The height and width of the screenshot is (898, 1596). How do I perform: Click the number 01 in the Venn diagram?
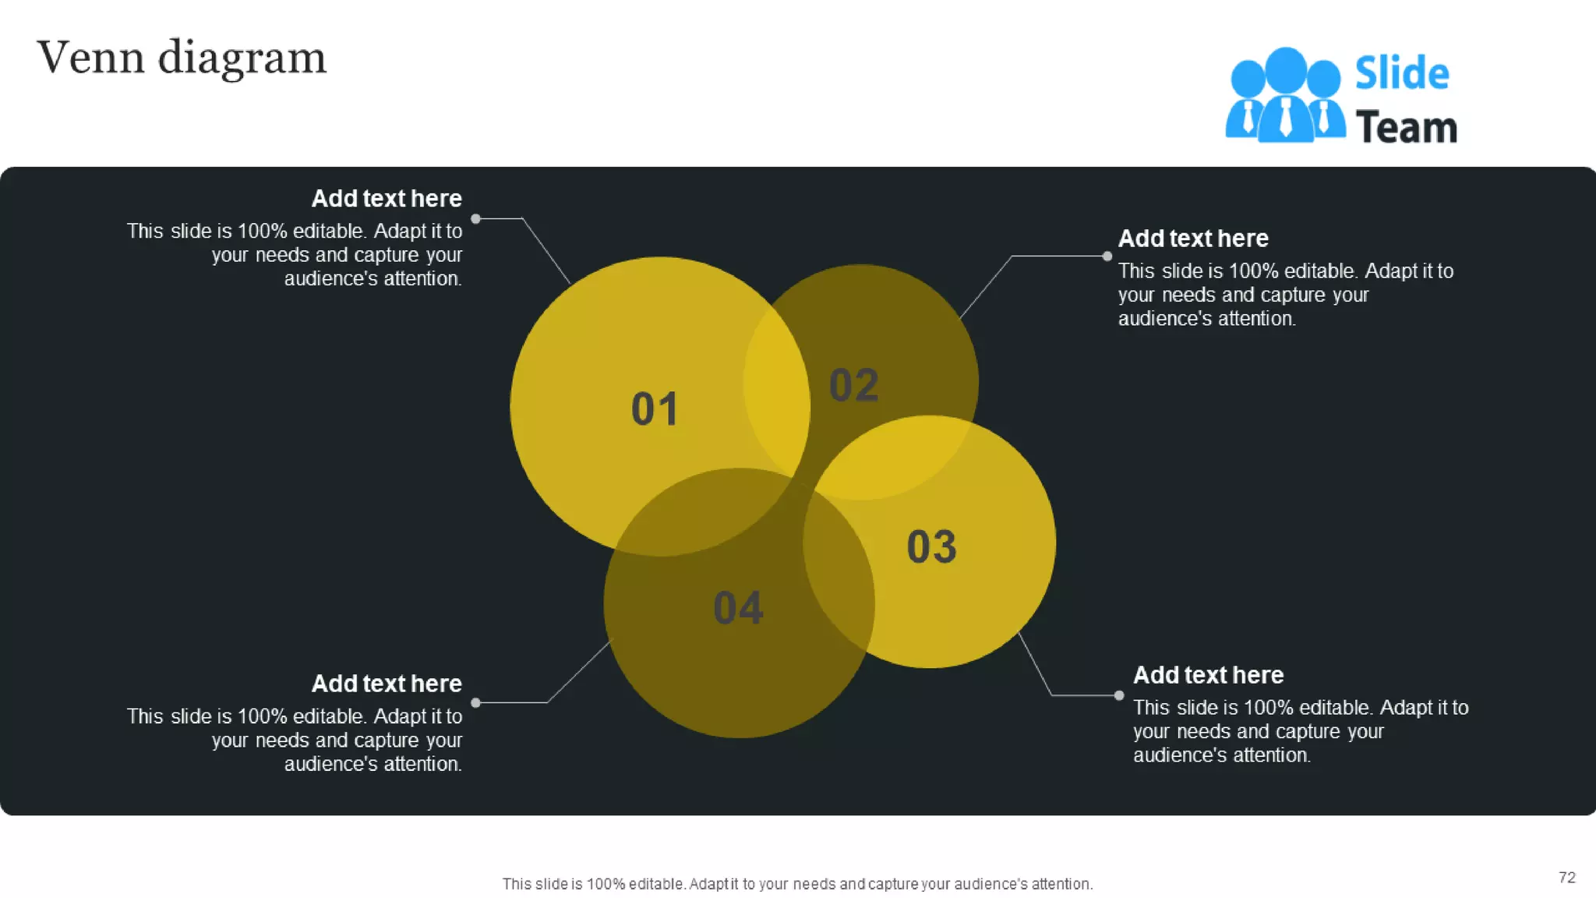tap(655, 408)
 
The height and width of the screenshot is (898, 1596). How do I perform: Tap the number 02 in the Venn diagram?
tap(854, 385)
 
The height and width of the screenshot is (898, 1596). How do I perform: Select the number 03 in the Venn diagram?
tap(931, 546)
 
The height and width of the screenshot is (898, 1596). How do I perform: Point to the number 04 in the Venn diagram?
tap(738, 608)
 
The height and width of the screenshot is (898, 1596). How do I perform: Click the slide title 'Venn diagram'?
tap(182, 58)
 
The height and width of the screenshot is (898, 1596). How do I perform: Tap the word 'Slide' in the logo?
tap(1402, 73)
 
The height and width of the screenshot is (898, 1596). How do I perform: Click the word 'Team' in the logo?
tap(1406, 127)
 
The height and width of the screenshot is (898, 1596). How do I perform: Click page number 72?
tap(1566, 878)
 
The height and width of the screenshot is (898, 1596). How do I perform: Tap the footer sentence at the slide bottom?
tap(797, 884)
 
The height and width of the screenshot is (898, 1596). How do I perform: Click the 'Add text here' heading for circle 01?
tap(387, 199)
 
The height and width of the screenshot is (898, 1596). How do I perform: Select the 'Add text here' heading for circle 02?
tap(1193, 239)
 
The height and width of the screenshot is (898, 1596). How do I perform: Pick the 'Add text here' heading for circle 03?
tap(1208, 675)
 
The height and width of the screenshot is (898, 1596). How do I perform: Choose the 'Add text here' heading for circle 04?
tap(387, 684)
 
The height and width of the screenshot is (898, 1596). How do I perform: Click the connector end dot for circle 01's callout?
tap(475, 219)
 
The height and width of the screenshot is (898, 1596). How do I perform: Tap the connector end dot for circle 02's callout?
tap(1107, 256)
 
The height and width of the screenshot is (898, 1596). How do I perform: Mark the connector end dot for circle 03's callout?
tap(1119, 695)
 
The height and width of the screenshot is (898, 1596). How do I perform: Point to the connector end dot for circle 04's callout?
tap(475, 703)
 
